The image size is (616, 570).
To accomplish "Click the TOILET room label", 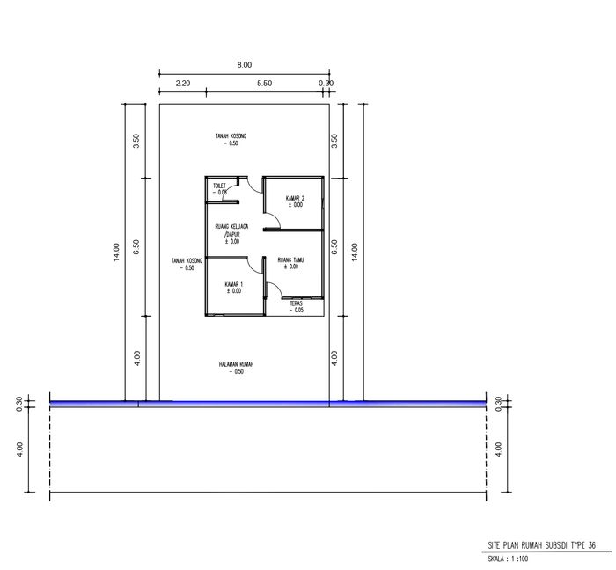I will coord(219,186).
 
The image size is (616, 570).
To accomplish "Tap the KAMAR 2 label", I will coord(295,199).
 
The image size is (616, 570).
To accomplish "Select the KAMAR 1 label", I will coord(233,283).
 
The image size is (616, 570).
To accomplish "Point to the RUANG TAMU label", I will coord(291,259).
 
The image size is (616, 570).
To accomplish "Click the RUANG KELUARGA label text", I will coord(231,227).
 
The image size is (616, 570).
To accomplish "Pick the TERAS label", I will coord(297,303).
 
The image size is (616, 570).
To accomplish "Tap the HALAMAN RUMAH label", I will coord(233,364).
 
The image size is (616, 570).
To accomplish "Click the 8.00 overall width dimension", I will coord(244,64).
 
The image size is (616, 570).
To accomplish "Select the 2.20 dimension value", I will coord(183,84).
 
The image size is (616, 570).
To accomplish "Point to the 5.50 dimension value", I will coord(264,84).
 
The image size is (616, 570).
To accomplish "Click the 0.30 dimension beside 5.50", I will coord(326,84).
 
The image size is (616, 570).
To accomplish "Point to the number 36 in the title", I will coord(592,545).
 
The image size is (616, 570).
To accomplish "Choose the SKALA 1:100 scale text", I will coord(508,559).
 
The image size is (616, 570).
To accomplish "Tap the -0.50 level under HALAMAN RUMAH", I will coord(233,372).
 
